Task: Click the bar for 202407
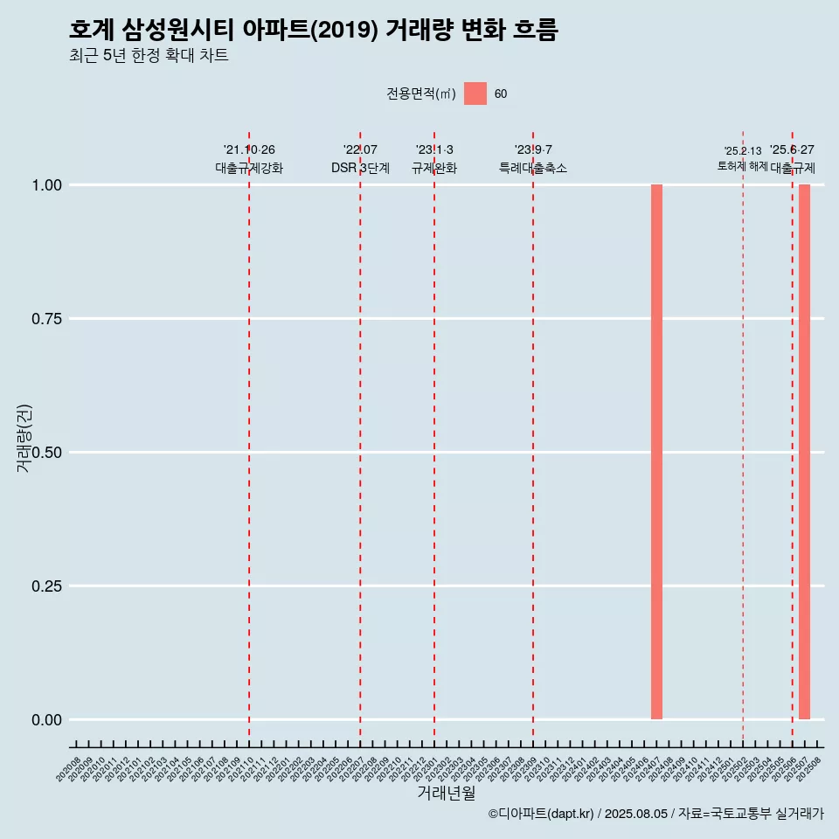(x=656, y=452)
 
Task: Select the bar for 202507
(x=804, y=452)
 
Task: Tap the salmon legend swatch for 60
(x=475, y=94)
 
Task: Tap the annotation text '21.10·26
(x=249, y=150)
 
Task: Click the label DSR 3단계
(x=360, y=168)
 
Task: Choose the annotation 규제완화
(x=434, y=168)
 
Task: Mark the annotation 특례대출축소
(x=533, y=168)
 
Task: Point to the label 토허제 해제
(x=742, y=165)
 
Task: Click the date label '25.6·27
(x=792, y=150)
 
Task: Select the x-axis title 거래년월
(x=446, y=794)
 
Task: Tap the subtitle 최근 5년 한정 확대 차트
(x=149, y=56)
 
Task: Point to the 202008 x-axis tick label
(x=69, y=770)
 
